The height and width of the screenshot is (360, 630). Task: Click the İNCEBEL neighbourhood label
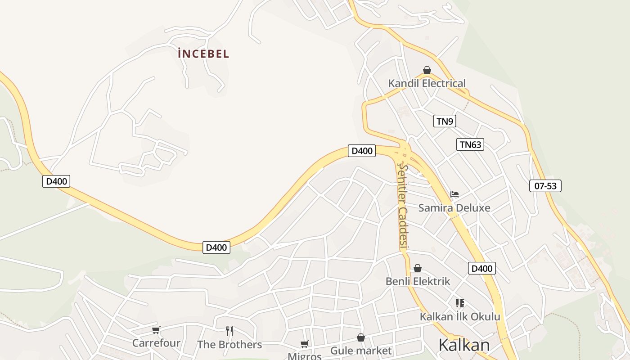pyautogui.click(x=203, y=54)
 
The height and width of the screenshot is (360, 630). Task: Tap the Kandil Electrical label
pyautogui.click(x=427, y=83)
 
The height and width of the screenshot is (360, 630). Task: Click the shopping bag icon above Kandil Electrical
pyautogui.click(x=427, y=70)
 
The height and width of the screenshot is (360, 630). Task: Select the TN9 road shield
pyautogui.click(x=445, y=121)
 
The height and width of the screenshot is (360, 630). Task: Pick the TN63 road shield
pyautogui.click(x=470, y=144)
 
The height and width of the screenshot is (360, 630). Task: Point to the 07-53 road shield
pyautogui.click(x=545, y=186)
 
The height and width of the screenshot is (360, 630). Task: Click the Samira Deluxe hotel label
pyautogui.click(x=454, y=208)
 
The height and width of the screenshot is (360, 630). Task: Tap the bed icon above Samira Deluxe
pyautogui.click(x=454, y=194)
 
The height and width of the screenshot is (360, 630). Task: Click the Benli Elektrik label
pyautogui.click(x=418, y=282)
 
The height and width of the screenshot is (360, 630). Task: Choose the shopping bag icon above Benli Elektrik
pyautogui.click(x=418, y=268)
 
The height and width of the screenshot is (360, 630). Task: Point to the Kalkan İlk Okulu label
pyautogui.click(x=460, y=316)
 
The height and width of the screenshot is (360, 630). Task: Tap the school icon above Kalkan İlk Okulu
pyautogui.click(x=459, y=303)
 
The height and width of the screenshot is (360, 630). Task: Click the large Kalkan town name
pyautogui.click(x=464, y=345)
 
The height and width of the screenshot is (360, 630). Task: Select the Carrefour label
pyautogui.click(x=156, y=343)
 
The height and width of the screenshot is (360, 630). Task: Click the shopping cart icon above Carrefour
pyautogui.click(x=156, y=330)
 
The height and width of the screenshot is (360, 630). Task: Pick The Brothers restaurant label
pyautogui.click(x=229, y=345)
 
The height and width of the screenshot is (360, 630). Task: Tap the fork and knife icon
pyautogui.click(x=229, y=332)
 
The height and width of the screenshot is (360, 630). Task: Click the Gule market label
pyautogui.click(x=361, y=351)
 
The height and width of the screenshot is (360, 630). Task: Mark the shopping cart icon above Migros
pyautogui.click(x=305, y=344)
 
